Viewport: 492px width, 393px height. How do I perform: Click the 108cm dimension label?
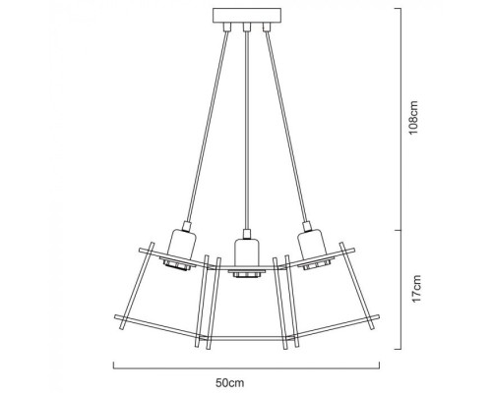click(416, 120)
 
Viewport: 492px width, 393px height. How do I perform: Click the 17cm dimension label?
click(416, 290)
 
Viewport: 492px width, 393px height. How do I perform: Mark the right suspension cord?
click(283, 128)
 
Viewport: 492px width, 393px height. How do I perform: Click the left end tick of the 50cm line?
click(113, 365)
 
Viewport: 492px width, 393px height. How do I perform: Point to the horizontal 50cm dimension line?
click(246, 365)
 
